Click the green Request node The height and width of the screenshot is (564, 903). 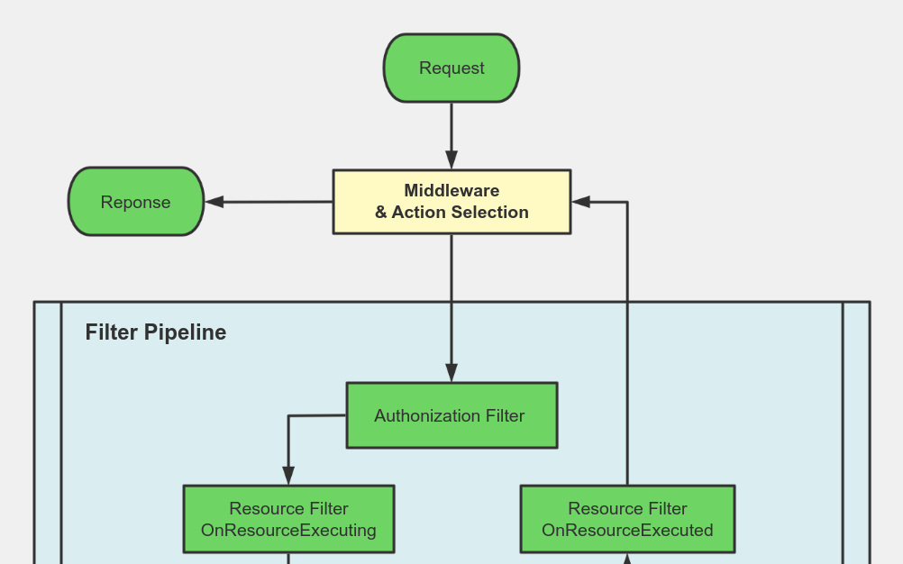coord(451,68)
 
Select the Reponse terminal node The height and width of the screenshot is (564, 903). coord(136,202)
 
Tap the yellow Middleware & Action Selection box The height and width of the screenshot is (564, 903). coord(451,202)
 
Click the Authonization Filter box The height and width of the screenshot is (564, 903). coord(451,415)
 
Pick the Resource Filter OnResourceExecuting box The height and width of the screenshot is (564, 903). coord(288,519)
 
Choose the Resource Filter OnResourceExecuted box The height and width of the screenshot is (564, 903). coord(627,519)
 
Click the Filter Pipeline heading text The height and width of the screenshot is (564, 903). coord(155,332)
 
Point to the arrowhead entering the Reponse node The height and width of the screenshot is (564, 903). coord(214,202)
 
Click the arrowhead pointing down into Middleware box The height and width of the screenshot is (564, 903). coord(451,160)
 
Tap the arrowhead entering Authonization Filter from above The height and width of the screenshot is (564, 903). coord(451,373)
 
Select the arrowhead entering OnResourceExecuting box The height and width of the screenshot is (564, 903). coord(288,476)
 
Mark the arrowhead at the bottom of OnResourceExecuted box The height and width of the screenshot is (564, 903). coord(627,559)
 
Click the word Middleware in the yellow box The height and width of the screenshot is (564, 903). coord(451,191)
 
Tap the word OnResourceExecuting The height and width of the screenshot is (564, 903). coord(288,530)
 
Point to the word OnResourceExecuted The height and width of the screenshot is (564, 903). coord(627,530)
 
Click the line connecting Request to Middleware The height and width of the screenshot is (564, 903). coord(451,126)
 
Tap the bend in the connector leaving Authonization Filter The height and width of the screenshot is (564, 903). coord(288,416)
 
